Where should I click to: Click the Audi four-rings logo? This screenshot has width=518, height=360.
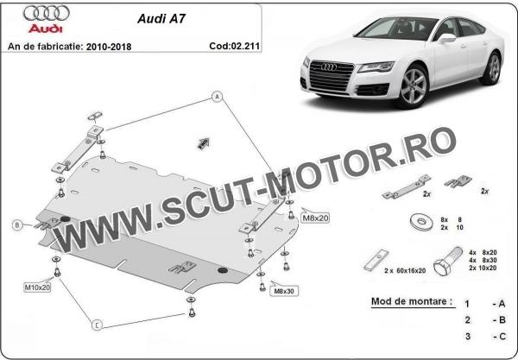click(47, 13)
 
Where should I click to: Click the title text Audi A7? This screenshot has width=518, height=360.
click(161, 18)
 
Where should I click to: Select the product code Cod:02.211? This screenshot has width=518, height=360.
click(234, 46)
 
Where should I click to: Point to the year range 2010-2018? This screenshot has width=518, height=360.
click(109, 47)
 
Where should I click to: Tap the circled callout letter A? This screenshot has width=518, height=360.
click(217, 97)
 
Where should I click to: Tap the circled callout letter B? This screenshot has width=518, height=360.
click(17, 225)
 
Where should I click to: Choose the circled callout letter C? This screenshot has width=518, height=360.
click(97, 325)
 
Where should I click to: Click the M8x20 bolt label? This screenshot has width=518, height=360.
click(315, 218)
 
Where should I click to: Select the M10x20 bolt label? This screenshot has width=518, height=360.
click(37, 287)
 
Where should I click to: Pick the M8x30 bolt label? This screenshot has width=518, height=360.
click(284, 291)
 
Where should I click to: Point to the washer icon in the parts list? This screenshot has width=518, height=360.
click(421, 222)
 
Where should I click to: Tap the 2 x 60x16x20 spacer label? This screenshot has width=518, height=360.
click(405, 271)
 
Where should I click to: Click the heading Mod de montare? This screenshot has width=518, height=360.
click(412, 301)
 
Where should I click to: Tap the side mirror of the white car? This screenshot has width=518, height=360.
click(446, 38)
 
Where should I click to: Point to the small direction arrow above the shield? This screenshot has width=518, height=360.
click(203, 142)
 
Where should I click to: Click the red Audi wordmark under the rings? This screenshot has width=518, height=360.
click(45, 28)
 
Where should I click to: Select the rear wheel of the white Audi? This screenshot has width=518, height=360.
click(493, 68)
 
